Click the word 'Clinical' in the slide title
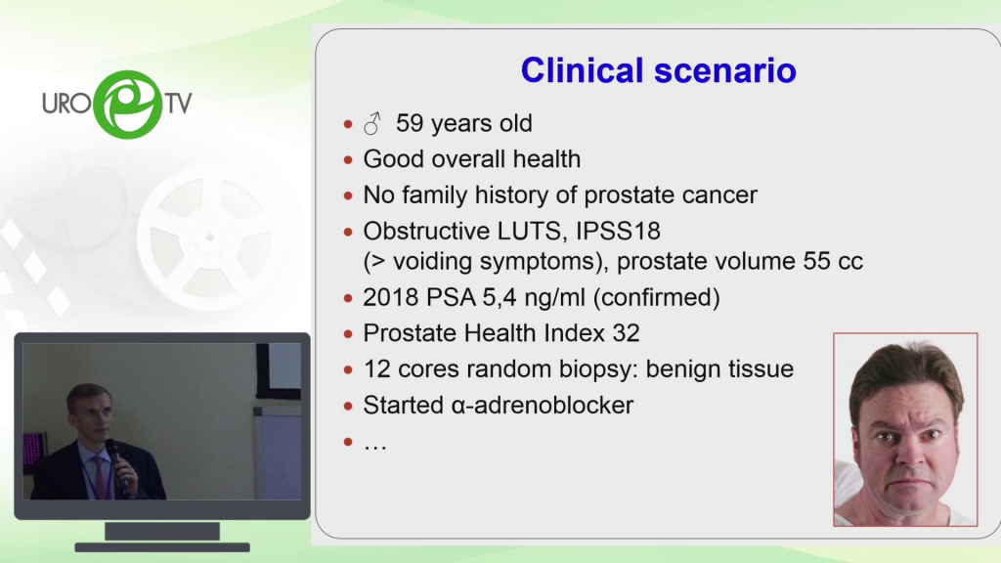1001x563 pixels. (582, 70)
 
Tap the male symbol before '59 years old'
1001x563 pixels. (372, 123)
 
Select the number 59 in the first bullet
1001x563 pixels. (410, 123)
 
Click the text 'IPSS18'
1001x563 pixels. (618, 231)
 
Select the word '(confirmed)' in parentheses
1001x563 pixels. (656, 297)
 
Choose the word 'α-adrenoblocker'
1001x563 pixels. (542, 406)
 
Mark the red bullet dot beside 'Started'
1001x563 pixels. (348, 406)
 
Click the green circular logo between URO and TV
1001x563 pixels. (128, 104)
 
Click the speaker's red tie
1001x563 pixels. (101, 477)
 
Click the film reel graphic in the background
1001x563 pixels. (210, 238)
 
